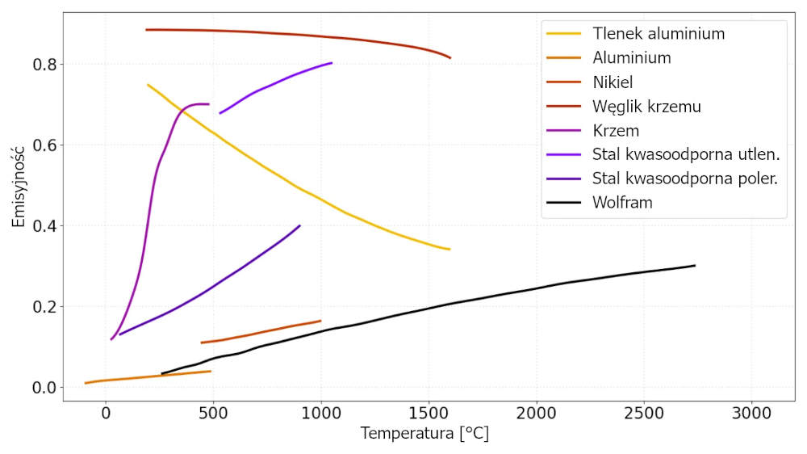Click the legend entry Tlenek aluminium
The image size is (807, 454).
(659, 34)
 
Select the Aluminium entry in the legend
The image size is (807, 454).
(632, 58)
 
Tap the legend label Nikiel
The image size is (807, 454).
(613, 82)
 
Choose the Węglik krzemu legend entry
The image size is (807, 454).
(646, 107)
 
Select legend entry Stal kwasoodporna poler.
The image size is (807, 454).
(685, 179)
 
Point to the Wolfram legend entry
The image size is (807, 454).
(622, 203)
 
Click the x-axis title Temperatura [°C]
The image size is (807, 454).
(424, 433)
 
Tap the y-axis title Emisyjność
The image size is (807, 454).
(19, 185)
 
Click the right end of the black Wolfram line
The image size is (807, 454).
(695, 266)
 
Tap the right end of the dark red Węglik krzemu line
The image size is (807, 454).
(450, 57)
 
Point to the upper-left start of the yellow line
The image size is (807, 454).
(148, 84)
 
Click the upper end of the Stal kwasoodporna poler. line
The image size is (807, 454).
(300, 225)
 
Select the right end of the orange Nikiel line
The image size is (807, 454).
(320, 321)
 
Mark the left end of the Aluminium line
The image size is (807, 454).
(86, 383)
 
